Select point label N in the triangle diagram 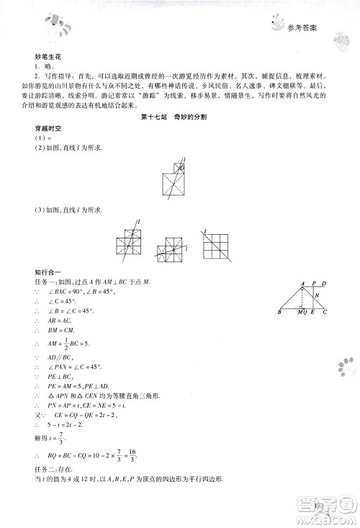tap(318, 295)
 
